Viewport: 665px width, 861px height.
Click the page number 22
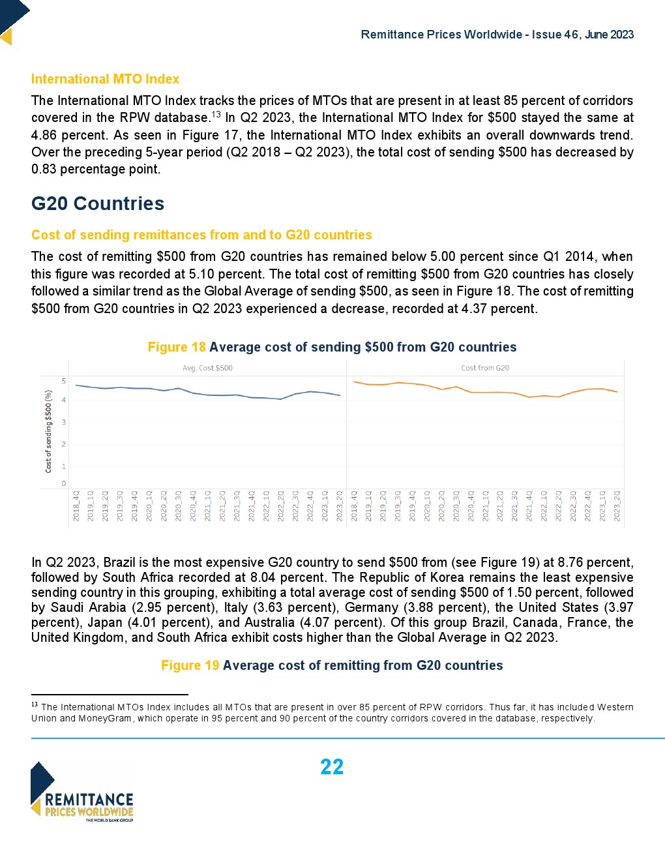(x=332, y=766)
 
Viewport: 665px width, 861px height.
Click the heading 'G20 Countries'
(x=98, y=204)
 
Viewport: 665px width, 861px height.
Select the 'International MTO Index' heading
(x=105, y=79)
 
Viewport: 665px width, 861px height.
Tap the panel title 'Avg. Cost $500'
(x=207, y=368)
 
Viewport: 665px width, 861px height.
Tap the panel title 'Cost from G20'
(x=485, y=368)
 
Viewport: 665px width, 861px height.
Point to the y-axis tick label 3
(x=64, y=422)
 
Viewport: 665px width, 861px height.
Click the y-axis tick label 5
(x=64, y=381)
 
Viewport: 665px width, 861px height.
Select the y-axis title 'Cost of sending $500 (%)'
(x=48, y=431)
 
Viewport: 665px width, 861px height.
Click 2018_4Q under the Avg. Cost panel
(x=76, y=506)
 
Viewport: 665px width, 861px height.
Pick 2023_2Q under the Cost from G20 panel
(x=617, y=506)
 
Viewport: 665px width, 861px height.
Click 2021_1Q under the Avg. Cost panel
(x=207, y=506)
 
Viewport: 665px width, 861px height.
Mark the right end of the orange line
(x=617, y=392)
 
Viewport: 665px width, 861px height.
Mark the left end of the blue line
(x=76, y=385)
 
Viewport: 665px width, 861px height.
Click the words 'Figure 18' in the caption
(x=177, y=347)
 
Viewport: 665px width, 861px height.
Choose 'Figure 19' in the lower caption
(x=190, y=665)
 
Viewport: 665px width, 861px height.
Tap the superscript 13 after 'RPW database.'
(x=216, y=115)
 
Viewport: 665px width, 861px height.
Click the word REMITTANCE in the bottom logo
(x=89, y=800)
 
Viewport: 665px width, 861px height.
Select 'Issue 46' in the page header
(x=555, y=35)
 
